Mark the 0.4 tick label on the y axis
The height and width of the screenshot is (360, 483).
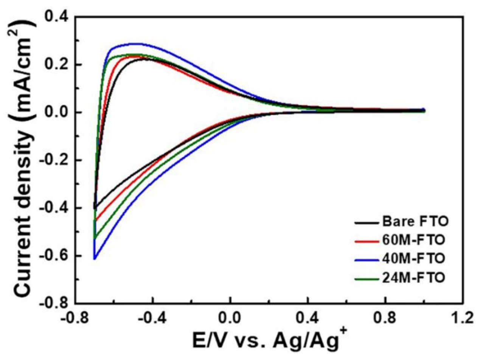pos(57,17)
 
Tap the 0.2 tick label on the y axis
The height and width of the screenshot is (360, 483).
pos(57,65)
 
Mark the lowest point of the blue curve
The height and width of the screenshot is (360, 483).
pos(95,259)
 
